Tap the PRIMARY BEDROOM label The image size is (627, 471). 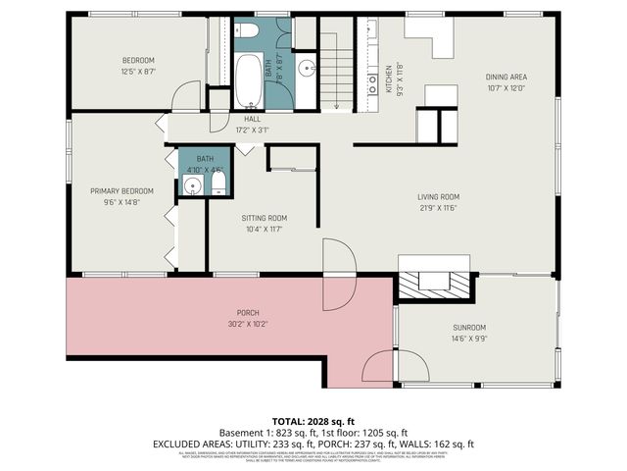(x=122, y=190)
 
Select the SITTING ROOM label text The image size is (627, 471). (x=265, y=218)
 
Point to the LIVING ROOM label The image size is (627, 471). (x=438, y=196)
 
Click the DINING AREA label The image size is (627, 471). (x=506, y=77)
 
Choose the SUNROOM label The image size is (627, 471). (x=469, y=328)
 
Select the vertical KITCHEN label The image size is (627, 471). (x=388, y=75)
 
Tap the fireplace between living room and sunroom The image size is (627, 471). (x=435, y=281)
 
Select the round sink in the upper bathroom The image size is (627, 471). (x=306, y=69)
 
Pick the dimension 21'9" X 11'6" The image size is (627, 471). (x=438, y=207)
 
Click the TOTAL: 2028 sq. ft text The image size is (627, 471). (x=313, y=418)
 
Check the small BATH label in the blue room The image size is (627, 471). (x=205, y=158)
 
